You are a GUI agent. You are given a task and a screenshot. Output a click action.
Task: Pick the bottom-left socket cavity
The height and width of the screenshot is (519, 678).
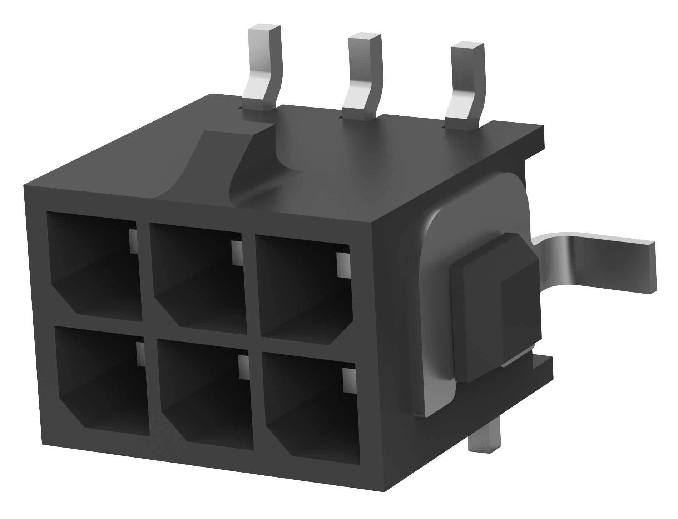[x=102, y=380]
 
